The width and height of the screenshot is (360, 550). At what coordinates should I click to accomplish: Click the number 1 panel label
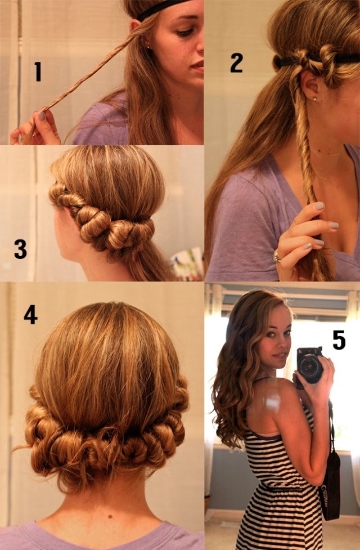click(x=38, y=71)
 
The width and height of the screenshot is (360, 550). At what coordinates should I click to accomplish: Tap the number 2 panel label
click(x=236, y=62)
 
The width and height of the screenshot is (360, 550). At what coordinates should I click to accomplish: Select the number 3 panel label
click(x=20, y=249)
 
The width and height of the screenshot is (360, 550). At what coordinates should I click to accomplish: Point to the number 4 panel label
click(x=30, y=314)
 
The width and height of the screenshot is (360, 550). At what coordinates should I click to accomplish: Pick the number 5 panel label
click(x=339, y=340)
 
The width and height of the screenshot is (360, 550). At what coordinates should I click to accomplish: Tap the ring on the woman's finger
click(x=277, y=257)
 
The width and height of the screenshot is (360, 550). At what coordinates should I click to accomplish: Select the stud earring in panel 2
click(x=314, y=99)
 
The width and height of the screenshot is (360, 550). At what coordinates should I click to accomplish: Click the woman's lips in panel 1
click(x=197, y=66)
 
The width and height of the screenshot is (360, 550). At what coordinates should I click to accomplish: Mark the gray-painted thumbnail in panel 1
click(x=42, y=117)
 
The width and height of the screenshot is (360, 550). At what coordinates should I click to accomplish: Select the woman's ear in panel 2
click(x=308, y=87)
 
